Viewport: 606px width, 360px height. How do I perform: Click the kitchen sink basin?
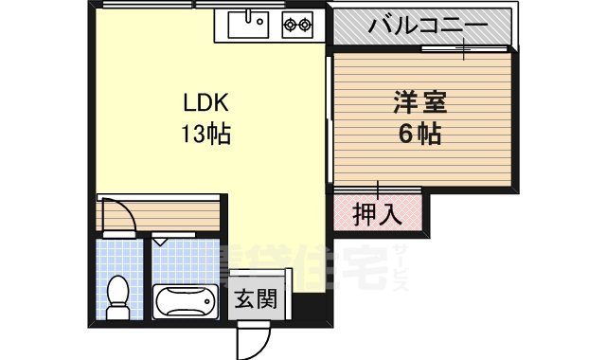click(x=251, y=25)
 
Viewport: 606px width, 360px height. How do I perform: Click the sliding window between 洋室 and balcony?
click(x=464, y=48)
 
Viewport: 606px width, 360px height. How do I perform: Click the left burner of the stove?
click(x=289, y=26)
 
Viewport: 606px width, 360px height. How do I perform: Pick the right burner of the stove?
click(x=306, y=26)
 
